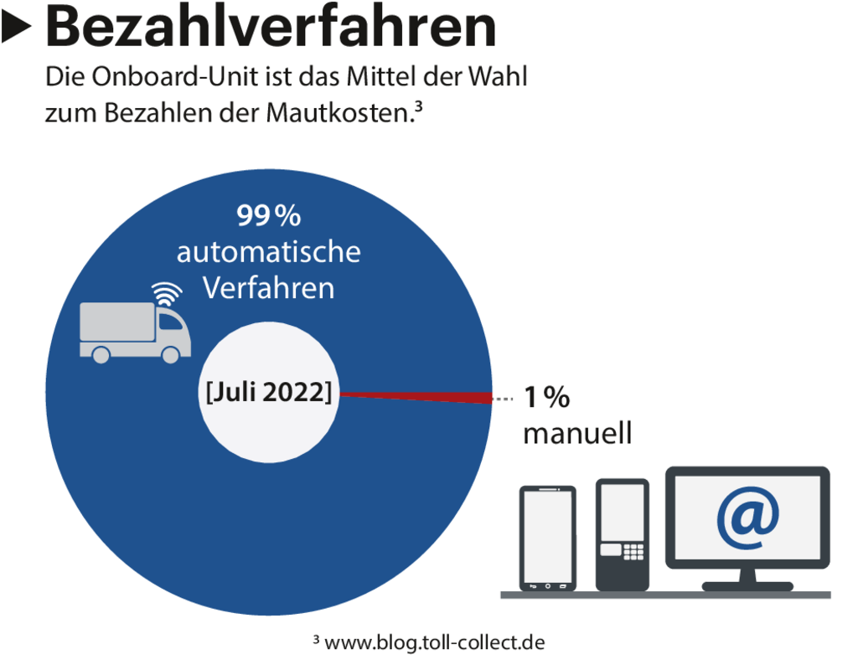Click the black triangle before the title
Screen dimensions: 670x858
tap(16, 29)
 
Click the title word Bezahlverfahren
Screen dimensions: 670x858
tap(271, 27)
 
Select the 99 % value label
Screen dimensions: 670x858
tap(268, 216)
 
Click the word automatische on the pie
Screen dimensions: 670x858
tap(268, 251)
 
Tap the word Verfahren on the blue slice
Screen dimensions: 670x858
tap(268, 288)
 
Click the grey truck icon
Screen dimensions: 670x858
tap(134, 331)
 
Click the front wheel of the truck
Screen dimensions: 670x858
tap(171, 354)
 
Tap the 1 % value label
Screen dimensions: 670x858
tap(546, 397)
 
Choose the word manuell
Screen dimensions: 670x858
tap(576, 434)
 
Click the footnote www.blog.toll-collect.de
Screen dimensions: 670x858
tap(429, 642)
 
